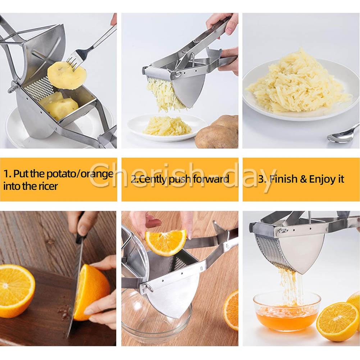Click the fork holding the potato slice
click(92, 48)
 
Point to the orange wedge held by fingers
click(165, 242)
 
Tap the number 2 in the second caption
click(133, 179)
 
